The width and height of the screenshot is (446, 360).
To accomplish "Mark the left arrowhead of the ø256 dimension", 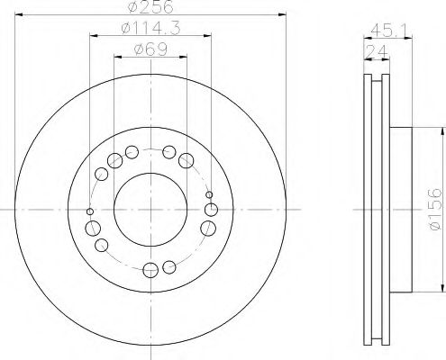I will point(19,17).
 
